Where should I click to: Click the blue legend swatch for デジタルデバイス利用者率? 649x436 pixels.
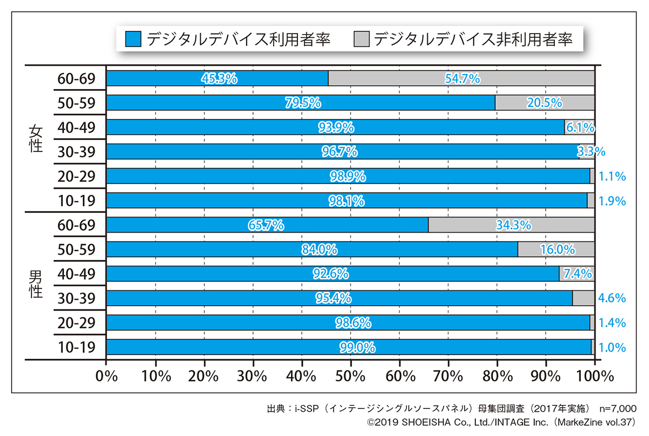133,39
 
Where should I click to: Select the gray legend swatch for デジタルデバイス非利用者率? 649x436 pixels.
362,39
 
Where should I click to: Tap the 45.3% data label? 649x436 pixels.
219,78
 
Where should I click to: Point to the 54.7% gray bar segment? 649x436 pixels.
461,78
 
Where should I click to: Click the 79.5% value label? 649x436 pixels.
303,103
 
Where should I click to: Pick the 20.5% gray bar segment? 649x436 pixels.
545,103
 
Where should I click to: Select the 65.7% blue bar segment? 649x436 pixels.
267,225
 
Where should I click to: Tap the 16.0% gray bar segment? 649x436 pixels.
556,249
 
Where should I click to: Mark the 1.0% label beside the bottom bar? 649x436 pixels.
613,347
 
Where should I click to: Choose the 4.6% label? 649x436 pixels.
613,298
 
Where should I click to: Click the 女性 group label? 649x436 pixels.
36,139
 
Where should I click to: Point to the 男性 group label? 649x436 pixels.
36,286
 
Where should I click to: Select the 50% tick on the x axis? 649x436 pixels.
350,375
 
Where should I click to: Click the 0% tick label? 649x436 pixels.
106,375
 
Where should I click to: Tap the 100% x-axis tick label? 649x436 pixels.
595,375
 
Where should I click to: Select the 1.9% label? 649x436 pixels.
613,201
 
